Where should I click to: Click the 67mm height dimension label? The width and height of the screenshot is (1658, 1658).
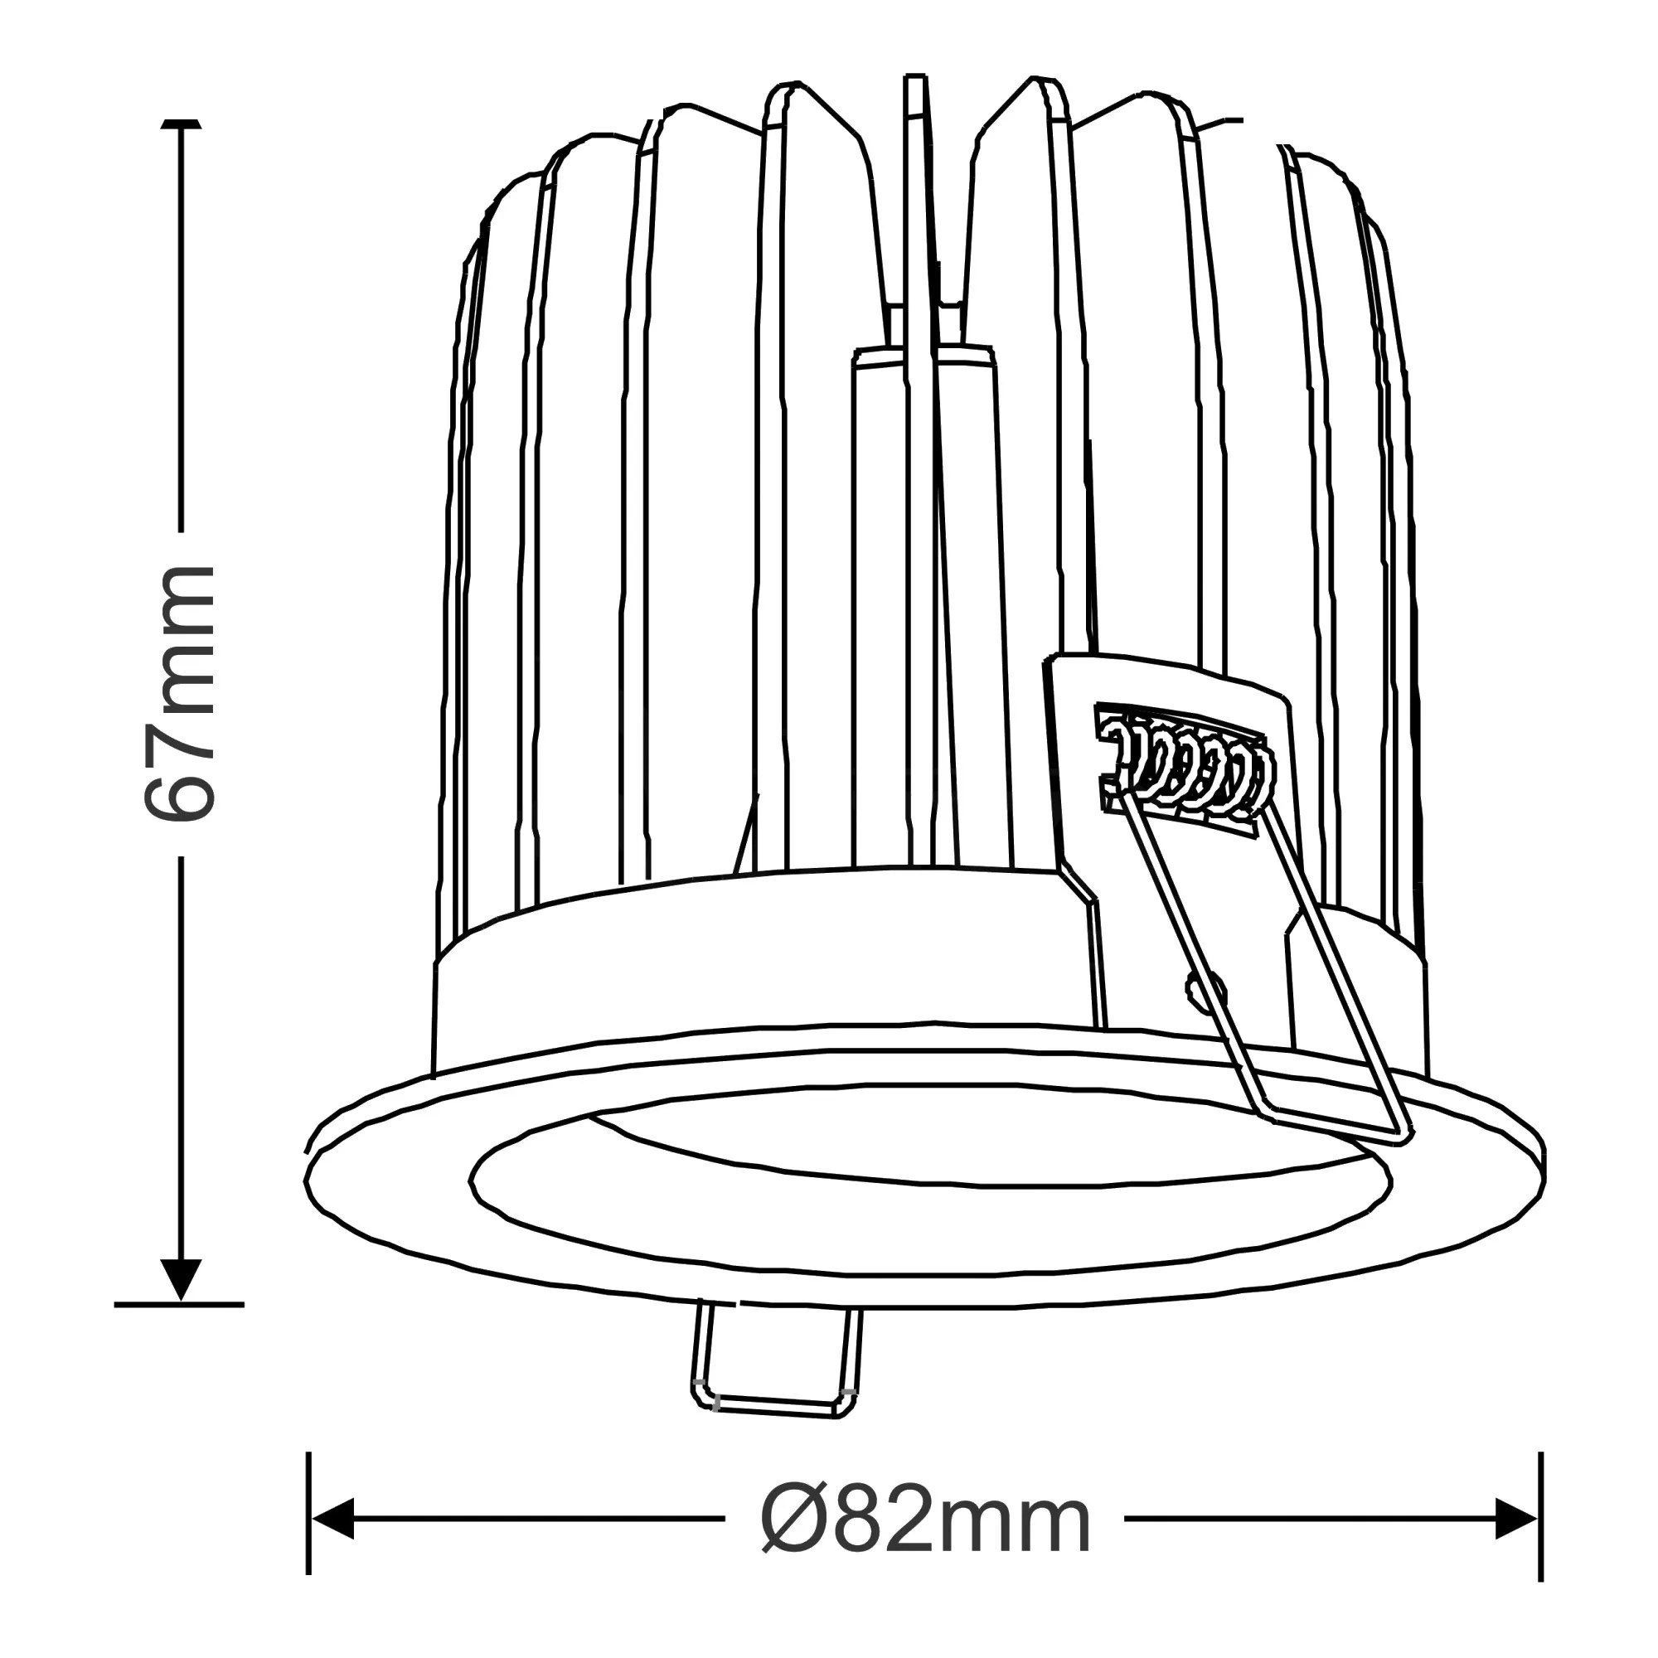178,693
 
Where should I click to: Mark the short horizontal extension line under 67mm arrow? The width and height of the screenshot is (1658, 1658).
178,1304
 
